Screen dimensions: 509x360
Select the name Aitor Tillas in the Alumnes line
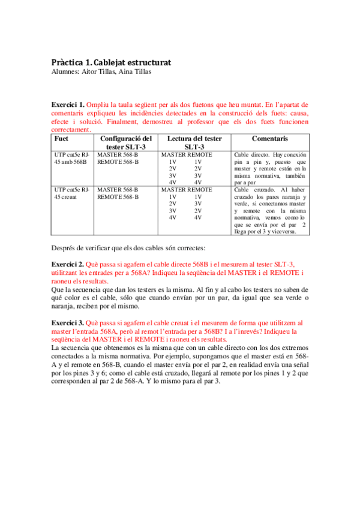104,71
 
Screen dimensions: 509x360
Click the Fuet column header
61,138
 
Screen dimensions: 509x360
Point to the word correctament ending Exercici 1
72,128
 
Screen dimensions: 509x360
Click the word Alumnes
62,71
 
